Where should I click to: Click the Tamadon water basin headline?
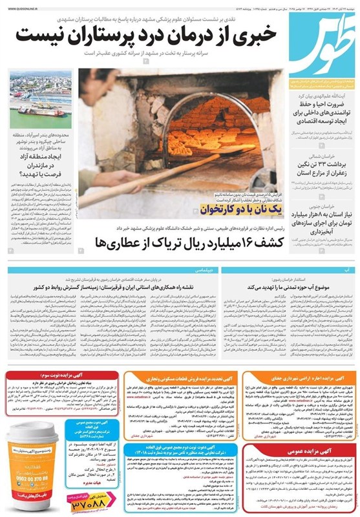pyautogui.click(x=288, y=285)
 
